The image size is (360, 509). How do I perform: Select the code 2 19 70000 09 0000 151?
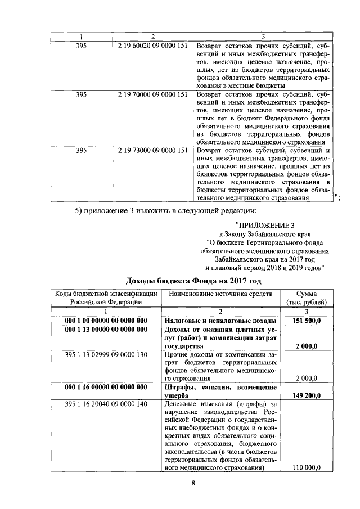coord(153,94)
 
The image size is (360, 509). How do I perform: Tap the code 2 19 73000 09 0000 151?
coord(153,150)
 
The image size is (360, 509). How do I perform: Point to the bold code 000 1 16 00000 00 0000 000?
coord(106,387)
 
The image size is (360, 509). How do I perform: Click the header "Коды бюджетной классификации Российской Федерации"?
coord(105,298)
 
